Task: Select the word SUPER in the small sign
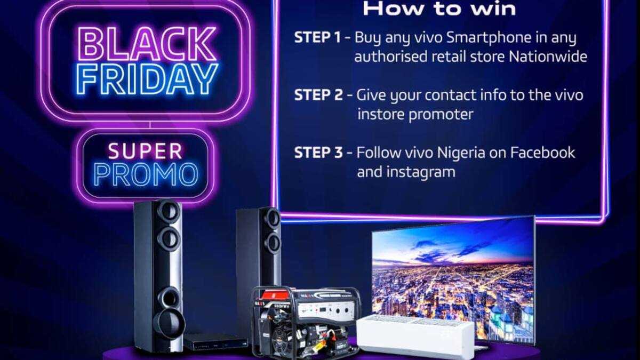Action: point(145,151)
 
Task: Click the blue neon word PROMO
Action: point(146,175)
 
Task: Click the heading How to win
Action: point(439,9)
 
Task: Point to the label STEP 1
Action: point(317,37)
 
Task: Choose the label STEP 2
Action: point(318,95)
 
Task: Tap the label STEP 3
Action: point(318,153)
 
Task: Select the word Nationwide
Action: point(548,57)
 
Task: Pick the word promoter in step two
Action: point(441,115)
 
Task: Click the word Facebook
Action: point(542,153)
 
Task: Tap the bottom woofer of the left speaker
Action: point(169,322)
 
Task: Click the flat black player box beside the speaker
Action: point(216,341)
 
